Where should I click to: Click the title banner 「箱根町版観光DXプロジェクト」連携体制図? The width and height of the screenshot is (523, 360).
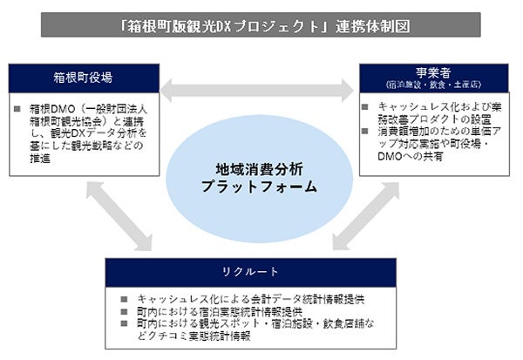(x=261, y=25)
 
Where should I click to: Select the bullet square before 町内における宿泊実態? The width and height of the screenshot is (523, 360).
(x=129, y=310)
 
